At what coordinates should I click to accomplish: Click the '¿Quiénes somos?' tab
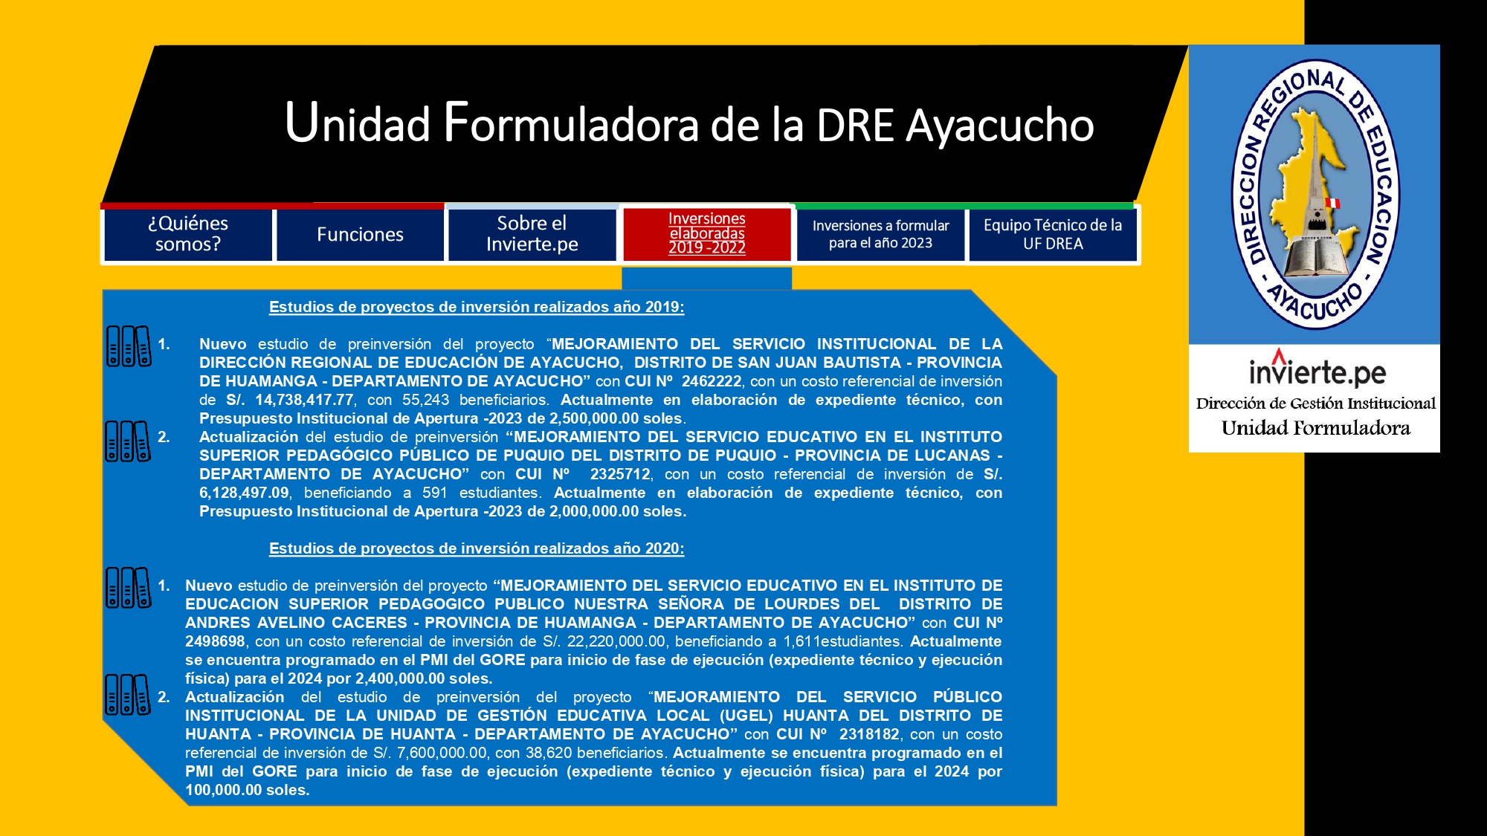point(188,234)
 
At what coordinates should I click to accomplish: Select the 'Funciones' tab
point(360,234)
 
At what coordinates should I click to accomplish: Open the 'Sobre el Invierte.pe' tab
point(532,234)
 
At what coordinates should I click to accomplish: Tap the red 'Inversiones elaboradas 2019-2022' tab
point(706,233)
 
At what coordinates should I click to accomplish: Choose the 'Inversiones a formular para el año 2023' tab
point(880,234)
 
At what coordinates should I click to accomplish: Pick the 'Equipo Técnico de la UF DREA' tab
point(1053,234)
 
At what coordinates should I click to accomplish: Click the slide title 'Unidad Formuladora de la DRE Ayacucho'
point(689,123)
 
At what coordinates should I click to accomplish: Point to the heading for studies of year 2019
point(477,307)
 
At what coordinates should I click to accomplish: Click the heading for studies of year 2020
point(477,548)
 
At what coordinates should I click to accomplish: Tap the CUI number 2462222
point(712,381)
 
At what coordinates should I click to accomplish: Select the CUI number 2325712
point(620,474)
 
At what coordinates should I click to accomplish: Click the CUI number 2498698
point(215,641)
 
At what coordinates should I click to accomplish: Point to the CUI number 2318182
point(869,734)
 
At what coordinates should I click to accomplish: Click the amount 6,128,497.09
point(244,493)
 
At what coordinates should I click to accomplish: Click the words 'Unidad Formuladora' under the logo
point(1315,428)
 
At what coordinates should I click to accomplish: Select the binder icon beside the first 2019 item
point(129,346)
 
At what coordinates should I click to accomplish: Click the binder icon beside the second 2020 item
point(128,694)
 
